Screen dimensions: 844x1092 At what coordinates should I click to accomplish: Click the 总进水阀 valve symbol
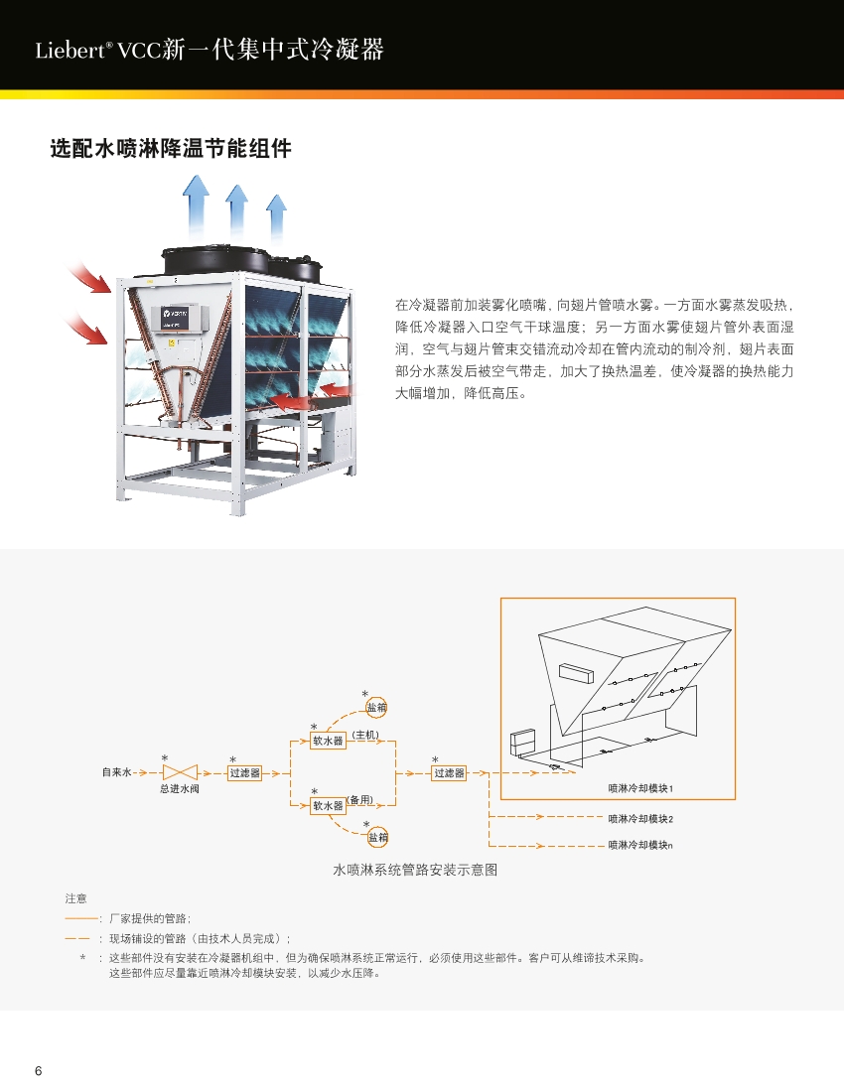pyautogui.click(x=180, y=772)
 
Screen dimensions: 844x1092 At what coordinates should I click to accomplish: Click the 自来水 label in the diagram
pyautogui.click(x=116, y=772)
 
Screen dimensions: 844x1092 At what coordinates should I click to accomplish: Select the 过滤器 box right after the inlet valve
pyautogui.click(x=244, y=773)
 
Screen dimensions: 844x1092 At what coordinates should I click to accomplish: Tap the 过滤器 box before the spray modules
pyautogui.click(x=449, y=773)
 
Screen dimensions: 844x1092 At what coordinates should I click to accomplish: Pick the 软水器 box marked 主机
pyautogui.click(x=328, y=741)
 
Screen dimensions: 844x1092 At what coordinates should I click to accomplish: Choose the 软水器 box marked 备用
pyautogui.click(x=328, y=806)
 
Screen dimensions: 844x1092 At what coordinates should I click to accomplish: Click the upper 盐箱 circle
pyautogui.click(x=376, y=708)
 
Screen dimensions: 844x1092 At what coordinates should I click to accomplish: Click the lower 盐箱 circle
pyautogui.click(x=378, y=838)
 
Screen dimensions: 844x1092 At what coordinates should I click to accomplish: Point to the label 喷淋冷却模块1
pyautogui.click(x=640, y=788)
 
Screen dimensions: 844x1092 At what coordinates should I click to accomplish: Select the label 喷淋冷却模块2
pyautogui.click(x=640, y=818)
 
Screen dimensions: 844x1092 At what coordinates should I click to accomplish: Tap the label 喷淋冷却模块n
pyautogui.click(x=640, y=845)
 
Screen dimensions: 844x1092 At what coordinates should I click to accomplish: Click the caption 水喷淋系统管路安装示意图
pyautogui.click(x=415, y=870)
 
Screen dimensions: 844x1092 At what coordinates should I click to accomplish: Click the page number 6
pyautogui.click(x=39, y=1071)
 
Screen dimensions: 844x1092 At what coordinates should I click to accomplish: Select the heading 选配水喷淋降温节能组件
pyautogui.click(x=171, y=148)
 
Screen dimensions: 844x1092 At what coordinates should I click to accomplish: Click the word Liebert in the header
pyautogui.click(x=70, y=51)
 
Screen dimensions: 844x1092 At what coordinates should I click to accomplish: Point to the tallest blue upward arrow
pyautogui.click(x=196, y=205)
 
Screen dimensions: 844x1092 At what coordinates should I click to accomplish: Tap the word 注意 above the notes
pyautogui.click(x=75, y=899)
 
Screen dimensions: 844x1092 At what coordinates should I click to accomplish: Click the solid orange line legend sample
pyautogui.click(x=82, y=919)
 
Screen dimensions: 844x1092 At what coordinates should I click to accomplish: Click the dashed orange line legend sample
pyautogui.click(x=77, y=939)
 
